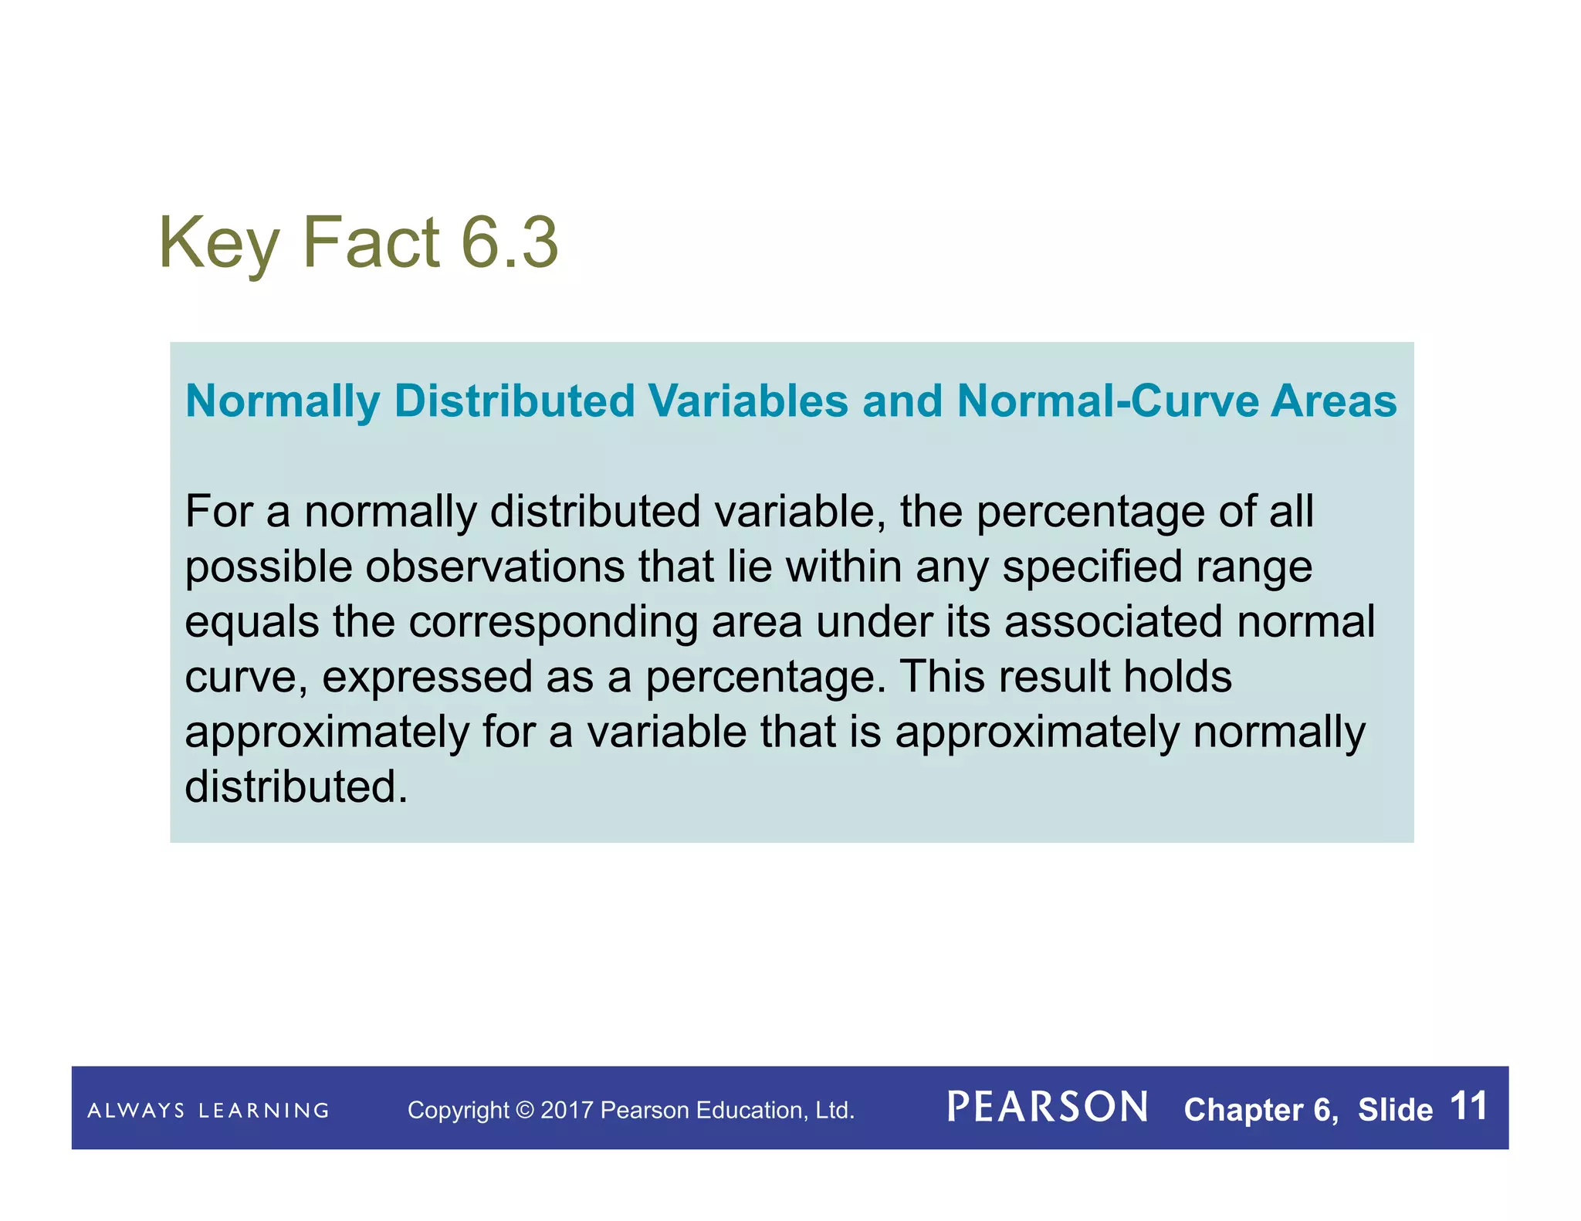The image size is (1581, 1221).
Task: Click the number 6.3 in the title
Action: tap(509, 243)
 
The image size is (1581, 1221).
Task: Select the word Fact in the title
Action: tap(372, 243)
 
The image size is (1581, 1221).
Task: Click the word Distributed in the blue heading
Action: tap(514, 401)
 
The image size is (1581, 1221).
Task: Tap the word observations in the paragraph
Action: tap(495, 567)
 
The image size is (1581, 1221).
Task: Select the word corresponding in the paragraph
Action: tap(553, 622)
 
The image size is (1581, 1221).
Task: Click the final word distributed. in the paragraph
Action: tap(296, 787)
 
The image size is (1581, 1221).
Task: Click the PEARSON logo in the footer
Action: tap(1047, 1108)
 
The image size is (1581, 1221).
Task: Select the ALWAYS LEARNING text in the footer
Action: tap(208, 1111)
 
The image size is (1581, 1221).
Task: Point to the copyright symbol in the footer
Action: tap(525, 1111)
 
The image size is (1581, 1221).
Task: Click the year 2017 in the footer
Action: tap(567, 1111)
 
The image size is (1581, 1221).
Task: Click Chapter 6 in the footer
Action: tap(1259, 1110)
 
